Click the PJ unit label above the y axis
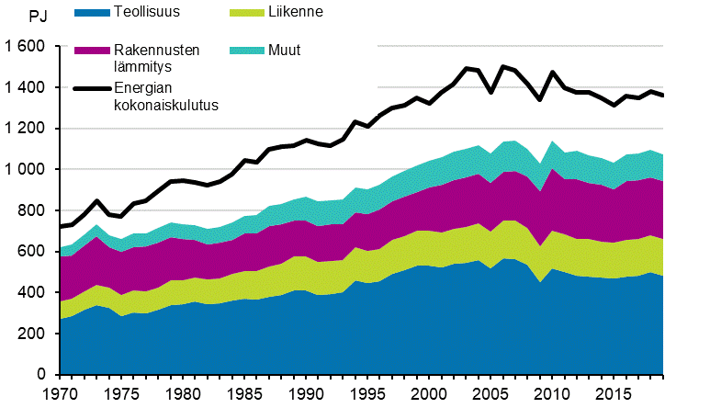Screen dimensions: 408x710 click(x=39, y=16)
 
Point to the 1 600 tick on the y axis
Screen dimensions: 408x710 click(x=24, y=47)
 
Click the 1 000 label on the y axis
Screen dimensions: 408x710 click(x=24, y=170)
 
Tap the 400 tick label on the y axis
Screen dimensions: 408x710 click(x=31, y=293)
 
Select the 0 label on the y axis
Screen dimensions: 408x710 click(x=40, y=375)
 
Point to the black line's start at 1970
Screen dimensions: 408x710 click(x=60, y=226)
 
